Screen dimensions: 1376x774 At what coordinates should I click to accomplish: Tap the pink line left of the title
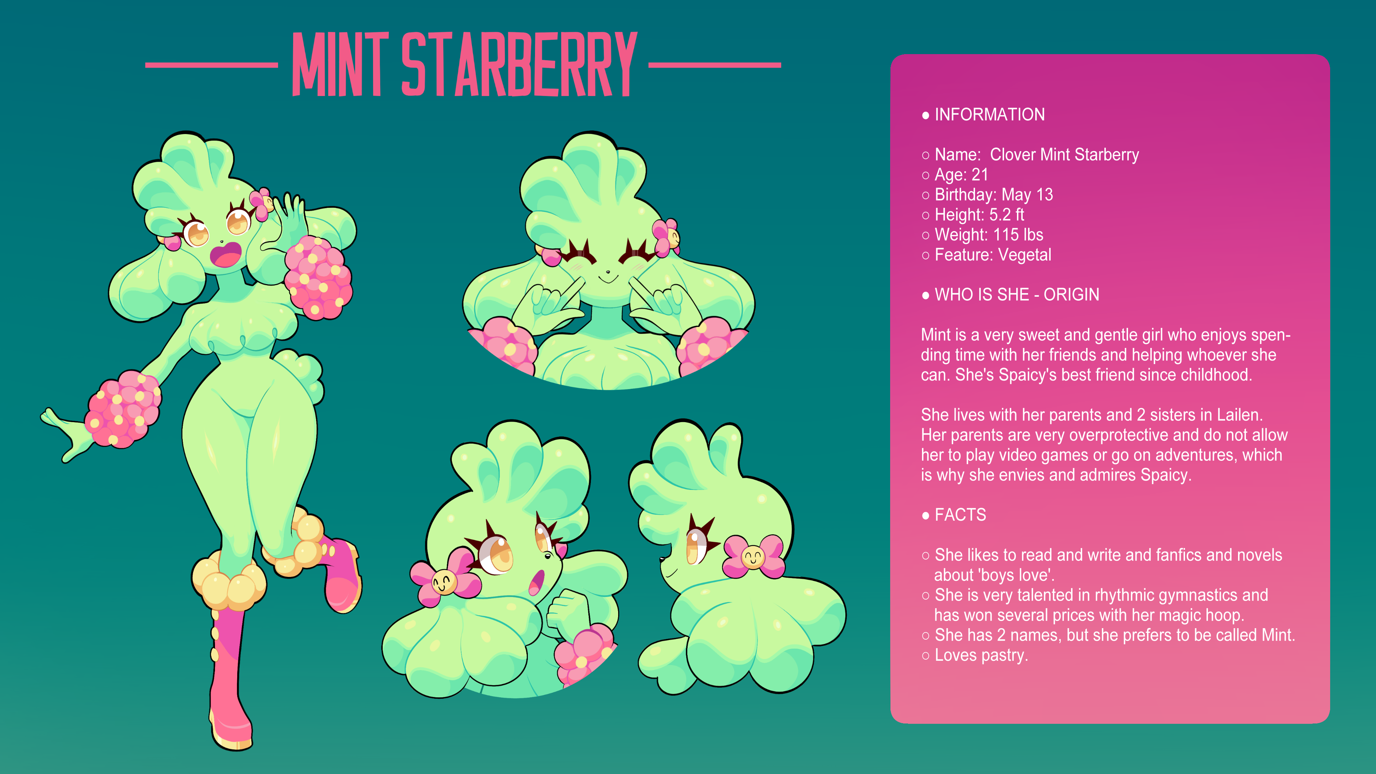point(211,65)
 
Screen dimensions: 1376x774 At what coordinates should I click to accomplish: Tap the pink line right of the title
point(715,65)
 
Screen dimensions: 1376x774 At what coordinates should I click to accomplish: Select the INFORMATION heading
point(989,114)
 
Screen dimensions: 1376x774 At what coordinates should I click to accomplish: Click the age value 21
point(980,175)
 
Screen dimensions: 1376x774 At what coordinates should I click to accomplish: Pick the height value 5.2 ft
point(1006,215)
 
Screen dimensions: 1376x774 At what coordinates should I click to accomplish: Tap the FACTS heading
point(960,515)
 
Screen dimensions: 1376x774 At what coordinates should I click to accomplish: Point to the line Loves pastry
point(981,655)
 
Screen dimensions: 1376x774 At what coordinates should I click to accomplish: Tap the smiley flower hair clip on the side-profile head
point(753,556)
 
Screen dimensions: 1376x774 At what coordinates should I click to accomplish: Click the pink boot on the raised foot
point(340,575)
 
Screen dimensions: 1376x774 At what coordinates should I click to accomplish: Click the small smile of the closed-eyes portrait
point(607,278)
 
